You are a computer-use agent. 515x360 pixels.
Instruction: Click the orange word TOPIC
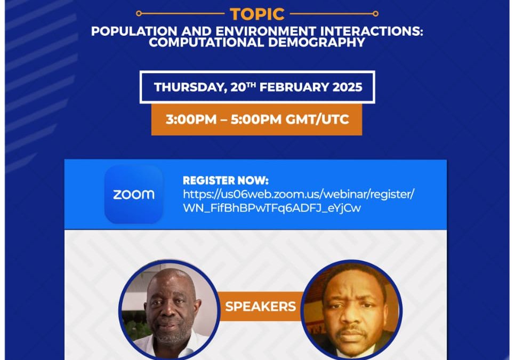point(257,14)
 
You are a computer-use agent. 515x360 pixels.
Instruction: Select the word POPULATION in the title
point(134,31)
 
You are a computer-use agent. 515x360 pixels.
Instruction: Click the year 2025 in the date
point(347,87)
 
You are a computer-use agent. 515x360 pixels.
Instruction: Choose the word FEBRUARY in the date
point(294,87)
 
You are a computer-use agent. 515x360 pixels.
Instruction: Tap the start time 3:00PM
point(191,119)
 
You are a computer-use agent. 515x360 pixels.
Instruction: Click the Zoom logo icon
point(134,195)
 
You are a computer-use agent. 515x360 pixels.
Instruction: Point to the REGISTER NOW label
point(226,180)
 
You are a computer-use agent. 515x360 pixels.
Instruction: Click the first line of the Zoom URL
point(299,194)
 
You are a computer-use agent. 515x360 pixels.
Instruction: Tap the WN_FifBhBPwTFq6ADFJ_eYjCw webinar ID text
point(272,208)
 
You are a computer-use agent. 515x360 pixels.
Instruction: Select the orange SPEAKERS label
point(261,307)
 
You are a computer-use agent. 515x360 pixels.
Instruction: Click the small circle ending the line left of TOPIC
point(139,13)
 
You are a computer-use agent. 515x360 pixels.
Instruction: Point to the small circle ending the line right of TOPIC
point(375,13)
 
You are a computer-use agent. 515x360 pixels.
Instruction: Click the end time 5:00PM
point(256,119)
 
